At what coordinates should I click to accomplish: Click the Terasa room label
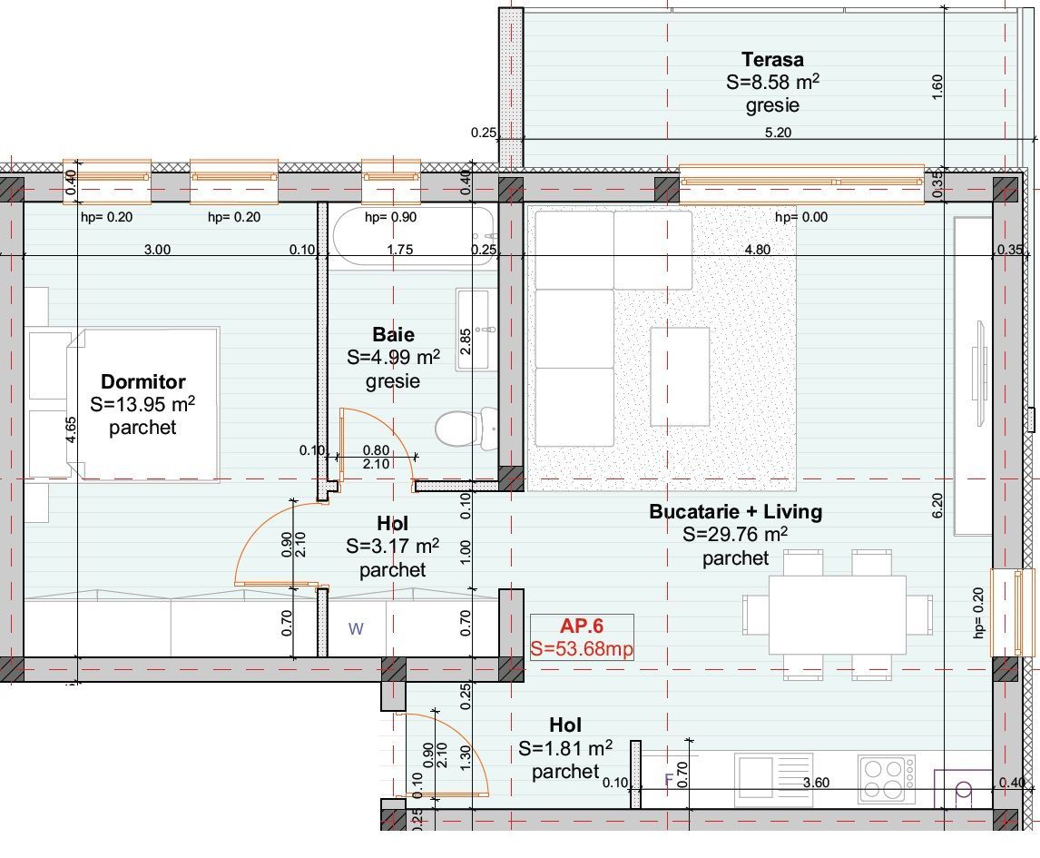click(772, 60)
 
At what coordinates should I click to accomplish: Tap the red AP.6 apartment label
click(582, 626)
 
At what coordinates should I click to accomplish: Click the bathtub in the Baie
click(413, 234)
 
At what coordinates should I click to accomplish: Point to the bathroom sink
click(476, 329)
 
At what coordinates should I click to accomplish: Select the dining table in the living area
click(837, 614)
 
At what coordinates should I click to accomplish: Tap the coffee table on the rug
click(680, 376)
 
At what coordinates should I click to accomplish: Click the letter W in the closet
click(356, 628)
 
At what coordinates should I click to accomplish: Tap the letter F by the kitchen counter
click(669, 779)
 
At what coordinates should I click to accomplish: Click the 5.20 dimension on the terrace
click(779, 133)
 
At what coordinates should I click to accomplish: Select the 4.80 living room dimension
click(758, 250)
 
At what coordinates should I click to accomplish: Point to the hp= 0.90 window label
click(391, 217)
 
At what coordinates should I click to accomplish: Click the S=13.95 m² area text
click(142, 405)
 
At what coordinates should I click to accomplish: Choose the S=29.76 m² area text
click(735, 535)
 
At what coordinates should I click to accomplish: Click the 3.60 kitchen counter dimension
click(817, 783)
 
